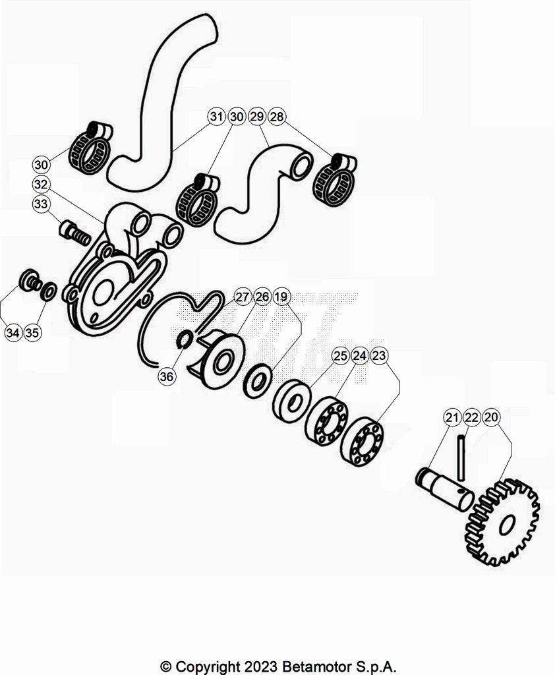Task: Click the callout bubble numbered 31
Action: point(217,116)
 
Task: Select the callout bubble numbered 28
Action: point(276,116)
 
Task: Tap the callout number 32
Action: point(41,185)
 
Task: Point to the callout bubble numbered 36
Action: point(166,376)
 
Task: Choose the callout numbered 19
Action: point(281,297)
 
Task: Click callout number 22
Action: point(471,417)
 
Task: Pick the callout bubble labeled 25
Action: point(340,355)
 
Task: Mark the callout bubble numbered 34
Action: point(13,333)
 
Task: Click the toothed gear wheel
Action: point(502,522)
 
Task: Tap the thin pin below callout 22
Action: point(461,458)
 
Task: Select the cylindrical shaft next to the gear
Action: point(445,489)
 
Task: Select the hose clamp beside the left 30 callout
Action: point(91,147)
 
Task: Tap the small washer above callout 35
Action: point(48,292)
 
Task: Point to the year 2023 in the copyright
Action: point(260,666)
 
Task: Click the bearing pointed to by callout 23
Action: point(362,440)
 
